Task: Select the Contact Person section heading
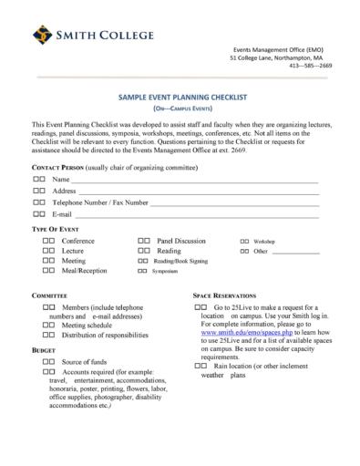(64, 168)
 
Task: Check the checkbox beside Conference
(49, 240)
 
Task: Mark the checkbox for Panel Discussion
(144, 240)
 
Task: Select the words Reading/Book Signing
(180, 261)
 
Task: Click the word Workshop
(264, 241)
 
